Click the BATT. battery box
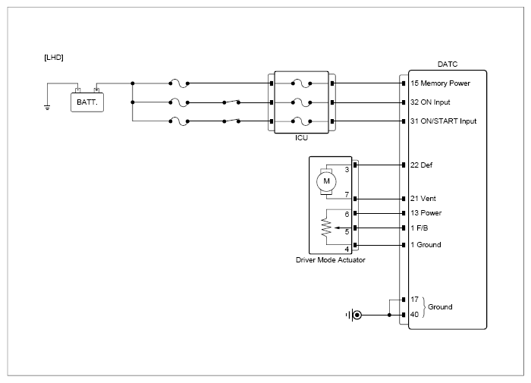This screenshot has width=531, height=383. [x=87, y=102]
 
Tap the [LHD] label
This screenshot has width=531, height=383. [x=54, y=58]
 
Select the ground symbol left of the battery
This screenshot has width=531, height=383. [x=47, y=108]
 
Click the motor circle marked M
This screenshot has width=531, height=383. [x=326, y=181]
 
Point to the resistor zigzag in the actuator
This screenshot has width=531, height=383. [x=325, y=228]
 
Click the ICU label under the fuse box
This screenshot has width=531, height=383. [x=301, y=138]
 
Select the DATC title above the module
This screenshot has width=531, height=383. [x=448, y=64]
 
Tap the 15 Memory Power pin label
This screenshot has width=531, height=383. [x=440, y=83]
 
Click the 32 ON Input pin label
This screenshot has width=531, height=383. [x=430, y=102]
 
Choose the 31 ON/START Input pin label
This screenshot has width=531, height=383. [x=443, y=121]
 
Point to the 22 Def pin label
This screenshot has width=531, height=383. [x=421, y=165]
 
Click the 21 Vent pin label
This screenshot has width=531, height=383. [x=423, y=199]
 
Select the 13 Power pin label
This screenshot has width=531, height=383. [x=426, y=213]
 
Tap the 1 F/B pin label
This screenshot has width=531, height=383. [x=419, y=228]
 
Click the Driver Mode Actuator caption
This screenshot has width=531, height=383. [x=331, y=260]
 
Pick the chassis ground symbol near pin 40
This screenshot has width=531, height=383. [x=353, y=316]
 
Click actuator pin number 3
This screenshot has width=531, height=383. [x=347, y=170]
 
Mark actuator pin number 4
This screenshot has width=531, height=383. [x=347, y=250]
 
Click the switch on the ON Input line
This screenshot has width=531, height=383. [x=231, y=102]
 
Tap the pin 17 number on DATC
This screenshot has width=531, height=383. [x=414, y=300]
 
